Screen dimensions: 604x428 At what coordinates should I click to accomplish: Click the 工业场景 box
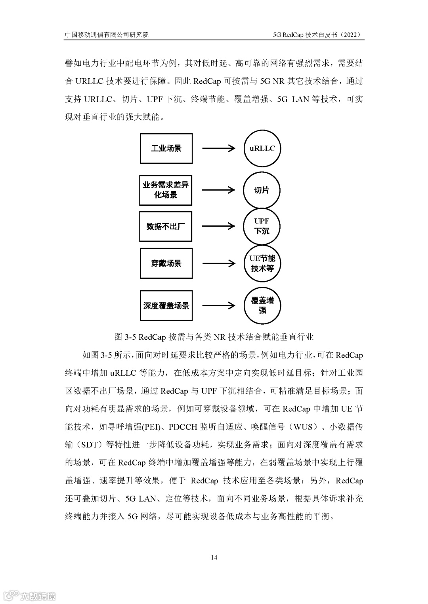pyautogui.click(x=166, y=148)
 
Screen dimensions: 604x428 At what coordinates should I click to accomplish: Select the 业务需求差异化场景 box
pyautogui.click(x=166, y=190)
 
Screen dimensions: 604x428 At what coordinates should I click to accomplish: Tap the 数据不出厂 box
pyautogui.click(x=166, y=227)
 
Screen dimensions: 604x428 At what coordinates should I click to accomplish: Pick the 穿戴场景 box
pyautogui.click(x=166, y=263)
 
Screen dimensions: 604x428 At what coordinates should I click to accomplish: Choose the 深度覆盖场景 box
pyautogui.click(x=166, y=305)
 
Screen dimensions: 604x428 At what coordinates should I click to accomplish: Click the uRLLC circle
pyautogui.click(x=262, y=148)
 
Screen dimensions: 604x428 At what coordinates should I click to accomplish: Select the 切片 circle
pyautogui.click(x=262, y=190)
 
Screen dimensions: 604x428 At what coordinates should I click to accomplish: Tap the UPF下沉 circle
pyautogui.click(x=262, y=226)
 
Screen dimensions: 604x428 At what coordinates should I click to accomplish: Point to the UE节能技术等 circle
pyautogui.click(x=262, y=263)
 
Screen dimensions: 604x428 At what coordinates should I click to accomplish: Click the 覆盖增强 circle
pyautogui.click(x=262, y=305)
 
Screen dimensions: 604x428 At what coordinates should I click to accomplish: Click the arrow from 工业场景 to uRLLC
pyautogui.click(x=218, y=148)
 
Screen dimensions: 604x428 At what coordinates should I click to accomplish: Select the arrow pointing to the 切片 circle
pyautogui.click(x=218, y=190)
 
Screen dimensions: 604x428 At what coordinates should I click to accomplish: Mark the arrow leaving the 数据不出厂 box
pyautogui.click(x=218, y=226)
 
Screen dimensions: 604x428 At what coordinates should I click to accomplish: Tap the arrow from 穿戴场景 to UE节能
pyautogui.click(x=218, y=263)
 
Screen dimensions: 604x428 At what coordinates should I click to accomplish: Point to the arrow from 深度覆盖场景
pyautogui.click(x=218, y=305)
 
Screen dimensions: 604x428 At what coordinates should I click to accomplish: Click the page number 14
pyautogui.click(x=214, y=558)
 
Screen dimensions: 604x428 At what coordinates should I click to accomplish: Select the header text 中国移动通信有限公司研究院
pyautogui.click(x=107, y=35)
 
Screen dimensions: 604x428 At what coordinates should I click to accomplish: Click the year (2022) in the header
pyautogui.click(x=352, y=35)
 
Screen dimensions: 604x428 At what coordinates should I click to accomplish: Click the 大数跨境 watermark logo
pyautogui.click(x=29, y=595)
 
